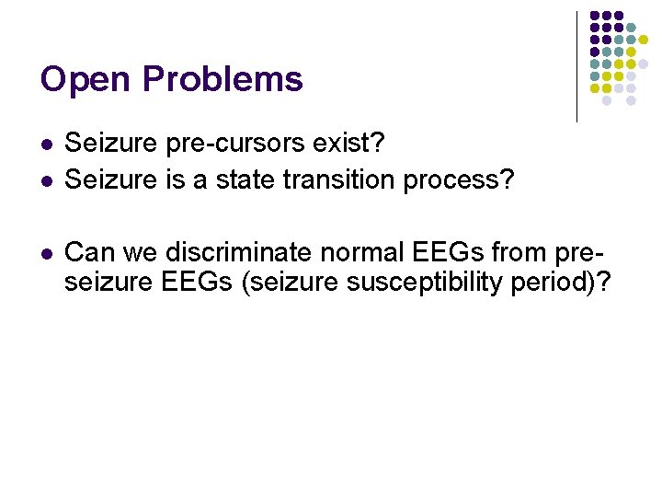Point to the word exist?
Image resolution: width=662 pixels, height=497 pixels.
pyautogui.click(x=354, y=146)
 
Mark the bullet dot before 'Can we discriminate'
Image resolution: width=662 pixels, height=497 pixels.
pyautogui.click(x=46, y=251)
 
